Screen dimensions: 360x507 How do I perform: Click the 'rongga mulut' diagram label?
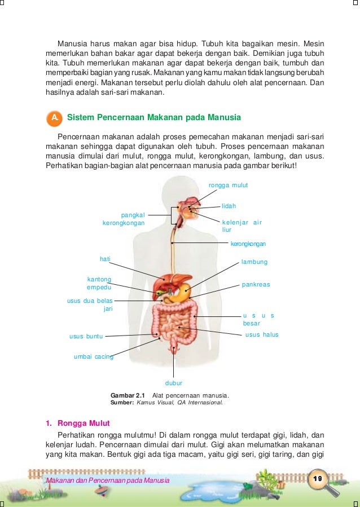(228, 185)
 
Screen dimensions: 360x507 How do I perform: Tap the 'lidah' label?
(229, 206)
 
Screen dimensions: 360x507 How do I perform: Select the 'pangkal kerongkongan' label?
(124, 219)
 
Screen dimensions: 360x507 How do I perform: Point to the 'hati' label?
(104, 259)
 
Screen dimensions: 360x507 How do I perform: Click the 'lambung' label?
(254, 262)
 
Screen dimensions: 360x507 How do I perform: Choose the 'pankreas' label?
(256, 285)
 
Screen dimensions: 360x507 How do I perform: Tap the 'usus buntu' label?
(86, 337)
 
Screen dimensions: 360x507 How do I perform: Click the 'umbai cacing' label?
(93, 356)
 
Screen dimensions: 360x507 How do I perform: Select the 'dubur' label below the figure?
(173, 383)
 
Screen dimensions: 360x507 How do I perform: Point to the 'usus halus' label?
(262, 335)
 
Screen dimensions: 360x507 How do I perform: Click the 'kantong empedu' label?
(99, 283)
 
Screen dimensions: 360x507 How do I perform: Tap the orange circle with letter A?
(54, 118)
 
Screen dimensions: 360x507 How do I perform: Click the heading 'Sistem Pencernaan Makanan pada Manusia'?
(153, 118)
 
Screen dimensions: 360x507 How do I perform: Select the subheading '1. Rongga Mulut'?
(77, 423)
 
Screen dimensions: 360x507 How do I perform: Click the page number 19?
(317, 479)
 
